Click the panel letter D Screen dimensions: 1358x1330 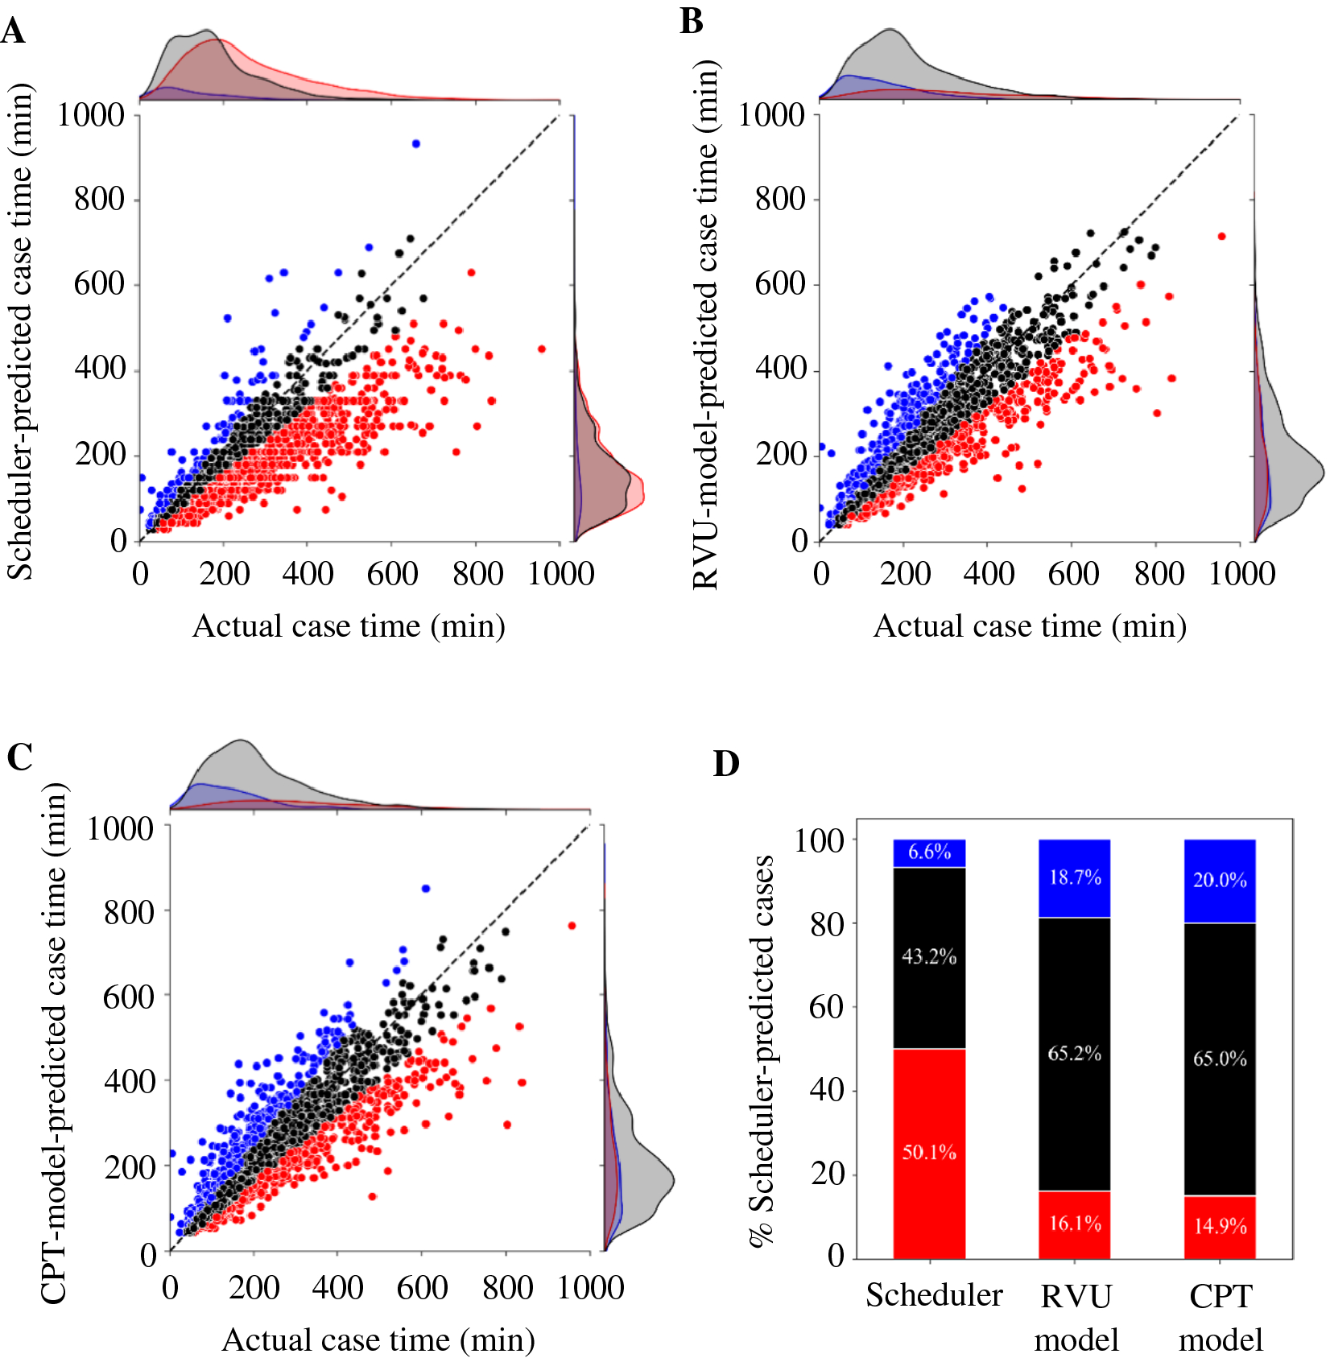coord(725,763)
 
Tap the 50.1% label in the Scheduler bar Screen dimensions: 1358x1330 coord(928,1152)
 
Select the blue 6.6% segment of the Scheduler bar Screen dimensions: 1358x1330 coord(929,852)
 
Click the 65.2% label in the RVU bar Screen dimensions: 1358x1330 coord(1074,1053)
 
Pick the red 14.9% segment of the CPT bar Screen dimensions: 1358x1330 coord(1220,1227)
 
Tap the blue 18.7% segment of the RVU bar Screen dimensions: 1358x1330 coord(1074,877)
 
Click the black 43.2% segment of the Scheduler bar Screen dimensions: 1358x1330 coord(929,957)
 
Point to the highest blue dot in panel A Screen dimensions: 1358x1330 coord(416,143)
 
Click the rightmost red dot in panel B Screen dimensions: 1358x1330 coord(1221,236)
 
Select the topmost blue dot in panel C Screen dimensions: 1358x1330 coord(426,889)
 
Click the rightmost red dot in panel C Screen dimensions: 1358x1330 coord(572,926)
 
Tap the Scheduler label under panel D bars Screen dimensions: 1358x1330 coord(934,1295)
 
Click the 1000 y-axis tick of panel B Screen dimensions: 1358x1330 coord(771,115)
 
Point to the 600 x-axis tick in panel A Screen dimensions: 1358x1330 coord(392,574)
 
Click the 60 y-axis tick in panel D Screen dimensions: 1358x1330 coord(826,1007)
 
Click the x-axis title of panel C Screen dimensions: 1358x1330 coord(378,1339)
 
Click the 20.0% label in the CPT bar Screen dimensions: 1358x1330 coord(1220,880)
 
